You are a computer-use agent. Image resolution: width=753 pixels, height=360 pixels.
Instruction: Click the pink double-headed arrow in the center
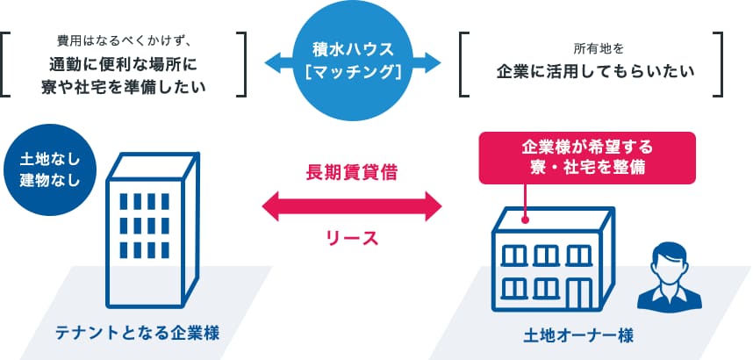pos(352,206)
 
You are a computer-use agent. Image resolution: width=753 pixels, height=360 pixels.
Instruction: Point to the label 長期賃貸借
pos(352,173)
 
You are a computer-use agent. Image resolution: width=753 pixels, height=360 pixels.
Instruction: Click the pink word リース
pos(352,238)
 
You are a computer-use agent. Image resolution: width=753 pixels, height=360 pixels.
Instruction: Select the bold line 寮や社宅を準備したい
pos(125,86)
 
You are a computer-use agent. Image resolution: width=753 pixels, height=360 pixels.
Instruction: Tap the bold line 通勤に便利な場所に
pos(125,64)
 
